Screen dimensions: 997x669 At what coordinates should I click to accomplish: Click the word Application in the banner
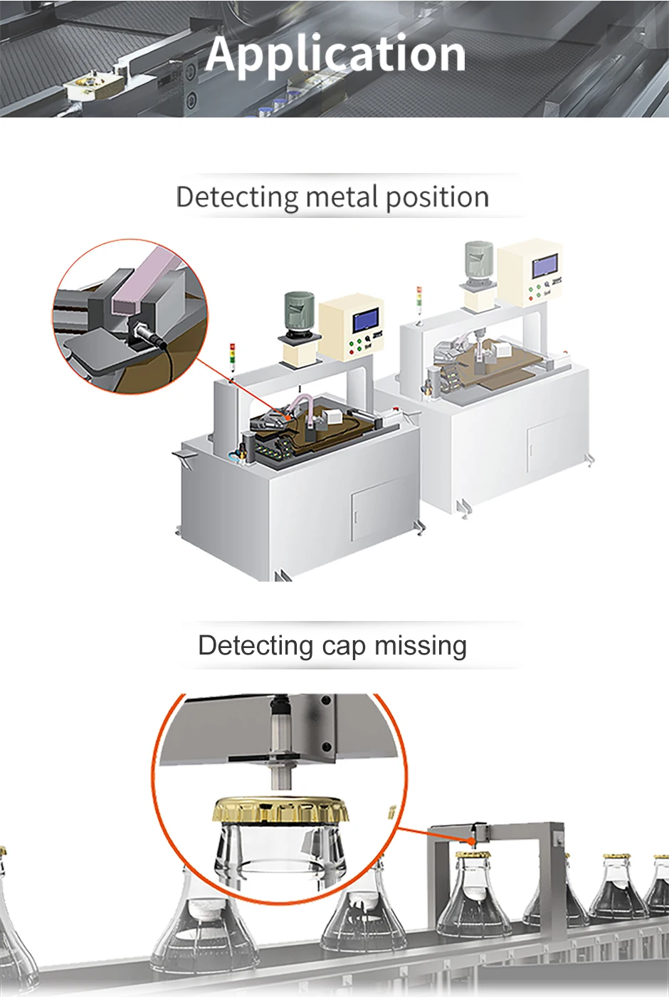tap(336, 54)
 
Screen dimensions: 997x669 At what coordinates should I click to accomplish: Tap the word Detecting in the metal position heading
tap(237, 197)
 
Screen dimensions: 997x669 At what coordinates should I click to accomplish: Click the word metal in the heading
tap(341, 197)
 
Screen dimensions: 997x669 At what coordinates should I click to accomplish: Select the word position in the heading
tap(437, 198)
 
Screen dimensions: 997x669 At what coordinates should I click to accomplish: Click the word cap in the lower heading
tap(343, 645)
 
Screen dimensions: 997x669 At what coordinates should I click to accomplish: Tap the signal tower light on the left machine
tap(232, 356)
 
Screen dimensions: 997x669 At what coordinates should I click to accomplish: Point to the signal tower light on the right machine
tap(419, 300)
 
